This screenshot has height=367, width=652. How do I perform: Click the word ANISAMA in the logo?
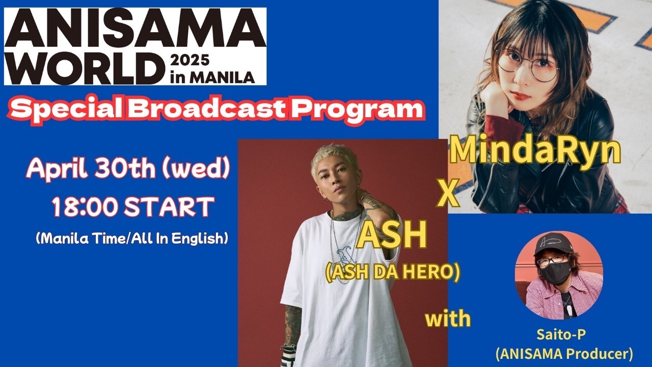point(135,29)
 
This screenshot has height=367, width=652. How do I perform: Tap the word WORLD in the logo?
point(85,68)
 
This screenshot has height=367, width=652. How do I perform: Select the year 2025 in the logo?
point(190,60)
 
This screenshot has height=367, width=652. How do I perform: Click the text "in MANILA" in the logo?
point(212,77)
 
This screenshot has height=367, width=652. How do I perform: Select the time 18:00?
point(85,207)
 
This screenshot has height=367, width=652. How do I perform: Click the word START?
point(169,207)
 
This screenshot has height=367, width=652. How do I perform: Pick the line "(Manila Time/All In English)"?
point(132,239)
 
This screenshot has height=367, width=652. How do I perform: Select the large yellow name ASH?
point(392,235)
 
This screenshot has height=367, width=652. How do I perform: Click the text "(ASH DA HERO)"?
point(392,273)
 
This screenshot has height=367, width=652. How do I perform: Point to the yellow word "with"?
point(448,319)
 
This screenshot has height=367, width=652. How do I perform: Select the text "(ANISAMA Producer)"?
point(564,354)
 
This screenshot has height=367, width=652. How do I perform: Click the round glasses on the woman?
point(527,66)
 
